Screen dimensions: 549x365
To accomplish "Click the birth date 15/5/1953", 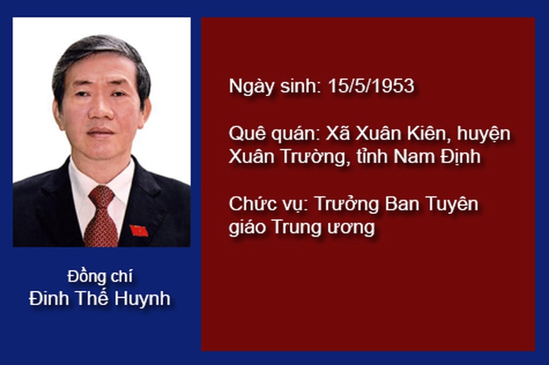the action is click(x=371, y=85).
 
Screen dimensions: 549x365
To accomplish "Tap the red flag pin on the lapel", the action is click(x=138, y=231).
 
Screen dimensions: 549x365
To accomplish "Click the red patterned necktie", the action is click(x=101, y=216).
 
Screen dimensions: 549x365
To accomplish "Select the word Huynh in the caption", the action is click(x=142, y=299).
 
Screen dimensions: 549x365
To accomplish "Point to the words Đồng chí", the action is click(x=100, y=276).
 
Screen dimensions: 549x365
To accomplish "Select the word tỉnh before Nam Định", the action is click(x=372, y=157).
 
